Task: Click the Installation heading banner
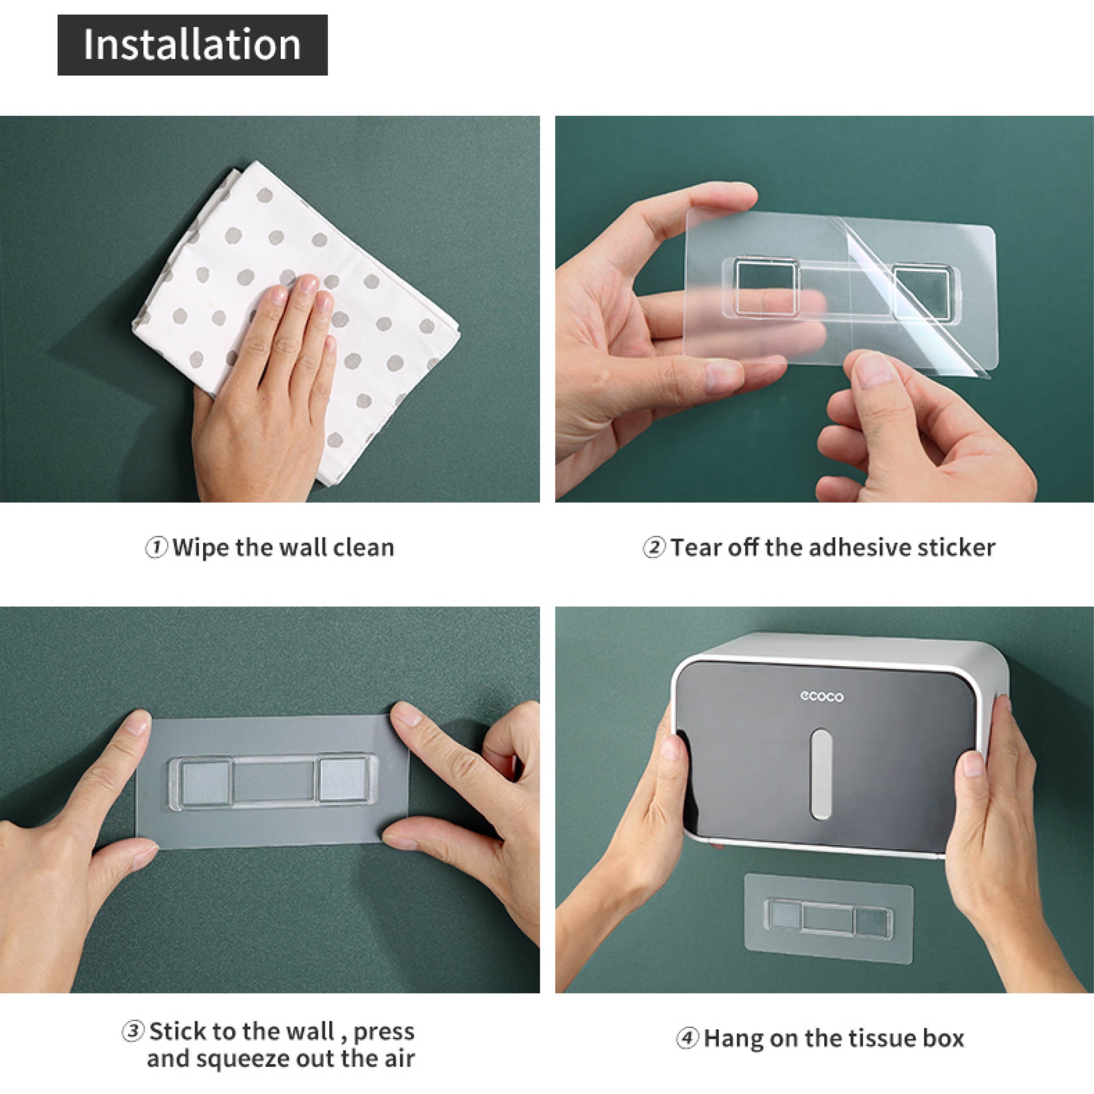pyautogui.click(x=192, y=46)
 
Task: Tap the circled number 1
pyautogui.click(x=156, y=548)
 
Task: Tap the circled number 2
pyautogui.click(x=654, y=548)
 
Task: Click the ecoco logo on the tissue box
pyautogui.click(x=822, y=697)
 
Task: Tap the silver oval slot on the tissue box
pyautogui.click(x=821, y=774)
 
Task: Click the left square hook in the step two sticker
pyautogui.click(x=767, y=286)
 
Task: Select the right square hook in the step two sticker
pyautogui.click(x=923, y=293)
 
